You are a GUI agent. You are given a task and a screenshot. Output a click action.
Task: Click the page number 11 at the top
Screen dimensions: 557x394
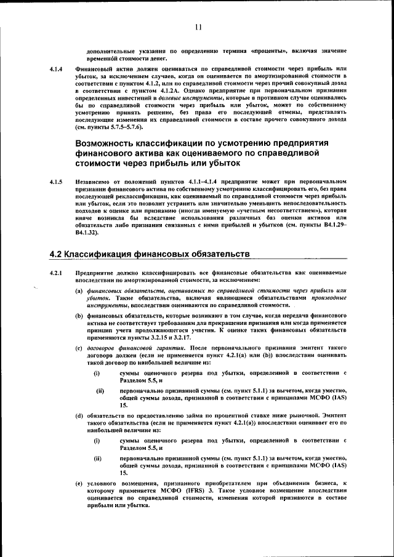click(x=197, y=26)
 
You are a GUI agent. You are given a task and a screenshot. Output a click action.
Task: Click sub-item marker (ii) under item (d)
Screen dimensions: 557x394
click(x=97, y=459)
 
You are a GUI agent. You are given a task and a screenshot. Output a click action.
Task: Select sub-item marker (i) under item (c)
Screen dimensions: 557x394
click(x=97, y=374)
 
